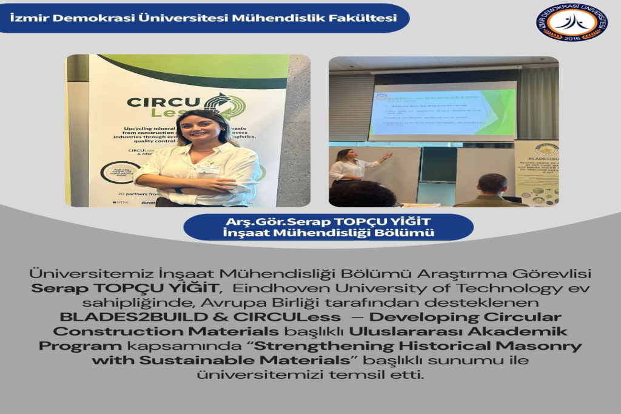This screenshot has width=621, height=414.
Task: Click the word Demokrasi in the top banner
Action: pos(81,18)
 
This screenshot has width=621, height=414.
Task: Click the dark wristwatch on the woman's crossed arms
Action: pos(179,190)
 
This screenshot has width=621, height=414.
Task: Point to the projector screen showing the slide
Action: pos(442,110)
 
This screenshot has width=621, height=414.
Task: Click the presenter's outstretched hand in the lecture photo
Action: pos(386,156)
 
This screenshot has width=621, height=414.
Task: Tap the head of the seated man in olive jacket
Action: pos(492,184)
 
